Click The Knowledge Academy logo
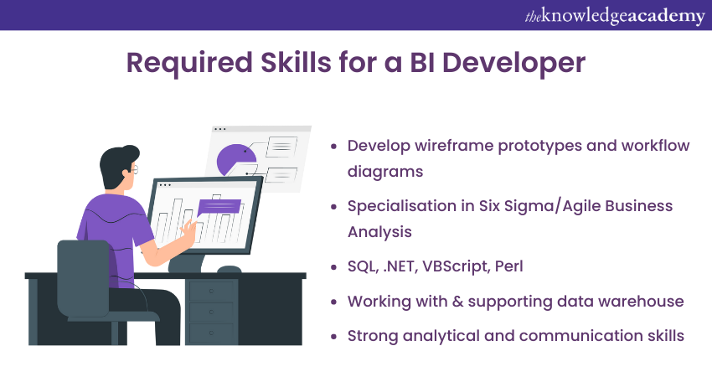(x=615, y=17)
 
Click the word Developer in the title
(x=513, y=63)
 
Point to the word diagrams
(x=385, y=172)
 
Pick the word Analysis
(x=379, y=232)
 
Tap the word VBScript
(x=457, y=266)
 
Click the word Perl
(x=509, y=266)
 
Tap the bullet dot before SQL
(x=334, y=267)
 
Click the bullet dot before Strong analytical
(x=334, y=337)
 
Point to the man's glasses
(x=134, y=170)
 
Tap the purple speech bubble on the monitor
(x=219, y=207)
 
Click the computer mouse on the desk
(x=229, y=270)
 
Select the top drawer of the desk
(x=211, y=292)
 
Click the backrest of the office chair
(x=83, y=278)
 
